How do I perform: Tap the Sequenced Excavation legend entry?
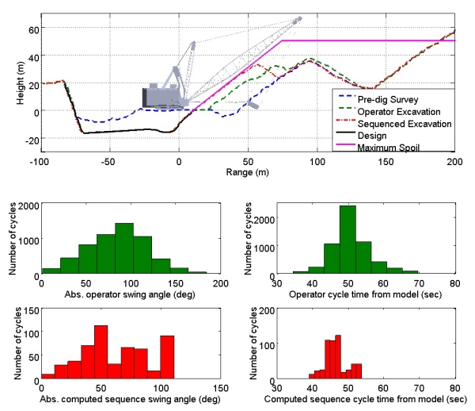(393, 124)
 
